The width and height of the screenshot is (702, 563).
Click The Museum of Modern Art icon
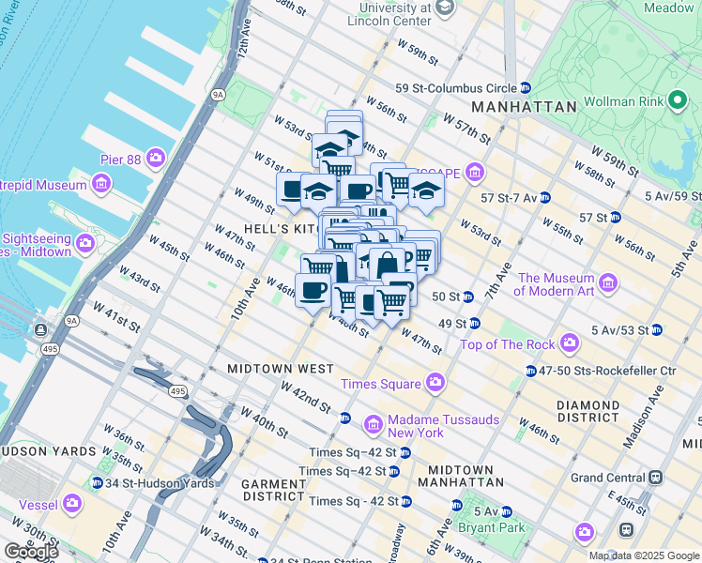[x=608, y=282]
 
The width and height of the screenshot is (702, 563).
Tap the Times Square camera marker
[x=435, y=383]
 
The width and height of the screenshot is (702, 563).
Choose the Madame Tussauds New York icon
[x=374, y=426]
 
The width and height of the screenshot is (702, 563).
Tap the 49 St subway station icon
[x=475, y=324]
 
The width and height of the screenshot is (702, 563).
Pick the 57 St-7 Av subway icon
[x=544, y=198]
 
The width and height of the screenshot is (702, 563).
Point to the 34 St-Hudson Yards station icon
[x=97, y=483]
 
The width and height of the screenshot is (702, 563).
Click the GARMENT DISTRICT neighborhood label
[x=273, y=490]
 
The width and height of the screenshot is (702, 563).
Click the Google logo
[x=31, y=552]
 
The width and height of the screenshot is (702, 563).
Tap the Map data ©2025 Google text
[x=642, y=555]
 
